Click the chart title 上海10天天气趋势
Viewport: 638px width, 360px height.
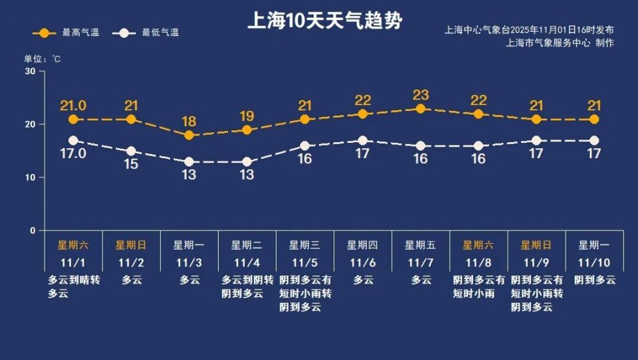coord(324,21)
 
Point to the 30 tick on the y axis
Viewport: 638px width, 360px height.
coord(30,71)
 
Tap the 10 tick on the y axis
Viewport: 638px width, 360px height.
coord(30,177)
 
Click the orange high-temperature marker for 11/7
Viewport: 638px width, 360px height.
coord(420,109)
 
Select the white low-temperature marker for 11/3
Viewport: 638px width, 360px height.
coord(189,161)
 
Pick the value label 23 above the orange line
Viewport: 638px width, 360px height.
coord(420,94)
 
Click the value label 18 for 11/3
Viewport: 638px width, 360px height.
coord(189,121)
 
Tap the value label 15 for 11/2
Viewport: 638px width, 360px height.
coord(131,164)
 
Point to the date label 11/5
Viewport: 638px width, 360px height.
coord(304,262)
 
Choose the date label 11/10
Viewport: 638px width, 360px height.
coord(594,262)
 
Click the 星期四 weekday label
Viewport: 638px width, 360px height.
coord(362,245)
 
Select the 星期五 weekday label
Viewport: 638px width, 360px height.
coord(420,245)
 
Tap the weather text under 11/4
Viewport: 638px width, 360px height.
coord(247,287)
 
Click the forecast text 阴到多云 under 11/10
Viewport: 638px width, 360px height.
coord(594,280)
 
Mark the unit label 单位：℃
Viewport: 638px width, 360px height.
coord(43,59)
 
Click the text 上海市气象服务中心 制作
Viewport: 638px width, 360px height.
coord(560,43)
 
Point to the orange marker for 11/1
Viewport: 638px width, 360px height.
coord(73,120)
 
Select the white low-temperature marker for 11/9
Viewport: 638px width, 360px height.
coord(536,141)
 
